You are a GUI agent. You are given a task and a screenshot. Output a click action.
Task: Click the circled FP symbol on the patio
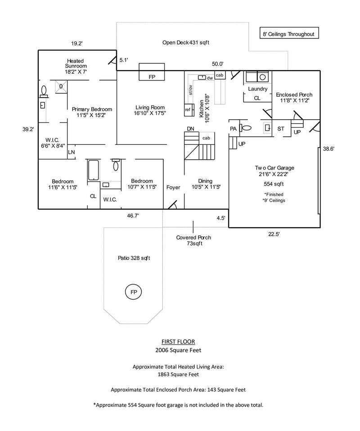coord(133,292)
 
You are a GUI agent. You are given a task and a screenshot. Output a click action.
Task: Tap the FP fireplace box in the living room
coord(152,72)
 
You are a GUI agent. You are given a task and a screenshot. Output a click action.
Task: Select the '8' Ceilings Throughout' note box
coord(289,33)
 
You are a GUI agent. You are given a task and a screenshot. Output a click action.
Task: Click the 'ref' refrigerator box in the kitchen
coord(188,110)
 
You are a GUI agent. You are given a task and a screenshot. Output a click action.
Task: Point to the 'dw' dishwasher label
coord(210,78)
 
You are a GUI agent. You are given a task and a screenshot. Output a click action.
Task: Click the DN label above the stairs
coord(190,129)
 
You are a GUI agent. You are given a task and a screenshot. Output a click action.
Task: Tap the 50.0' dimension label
coord(217,64)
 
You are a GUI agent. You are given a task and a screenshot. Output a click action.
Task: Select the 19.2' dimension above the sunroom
coord(77,44)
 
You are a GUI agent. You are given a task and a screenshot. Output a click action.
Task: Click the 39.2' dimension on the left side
coord(28,129)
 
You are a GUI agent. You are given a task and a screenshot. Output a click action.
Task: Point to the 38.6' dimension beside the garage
coord(328,149)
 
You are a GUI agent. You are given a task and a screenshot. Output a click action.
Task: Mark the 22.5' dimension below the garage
coord(274,234)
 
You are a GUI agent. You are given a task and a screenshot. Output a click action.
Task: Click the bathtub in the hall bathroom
coord(93,170)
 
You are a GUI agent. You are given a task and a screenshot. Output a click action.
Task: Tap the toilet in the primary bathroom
coord(44,91)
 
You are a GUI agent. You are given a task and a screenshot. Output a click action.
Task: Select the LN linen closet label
coord(72,152)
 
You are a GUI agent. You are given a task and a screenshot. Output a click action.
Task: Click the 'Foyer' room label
coord(173,188)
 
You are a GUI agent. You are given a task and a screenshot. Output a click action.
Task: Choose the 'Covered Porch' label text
coord(193,238)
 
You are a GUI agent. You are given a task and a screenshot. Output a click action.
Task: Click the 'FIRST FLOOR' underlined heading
coord(178,341)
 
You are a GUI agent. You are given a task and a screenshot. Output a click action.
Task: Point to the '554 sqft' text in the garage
coord(274,184)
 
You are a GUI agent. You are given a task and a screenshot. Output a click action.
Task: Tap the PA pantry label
coord(233,129)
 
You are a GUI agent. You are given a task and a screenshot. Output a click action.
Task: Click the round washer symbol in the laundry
coord(263,77)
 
